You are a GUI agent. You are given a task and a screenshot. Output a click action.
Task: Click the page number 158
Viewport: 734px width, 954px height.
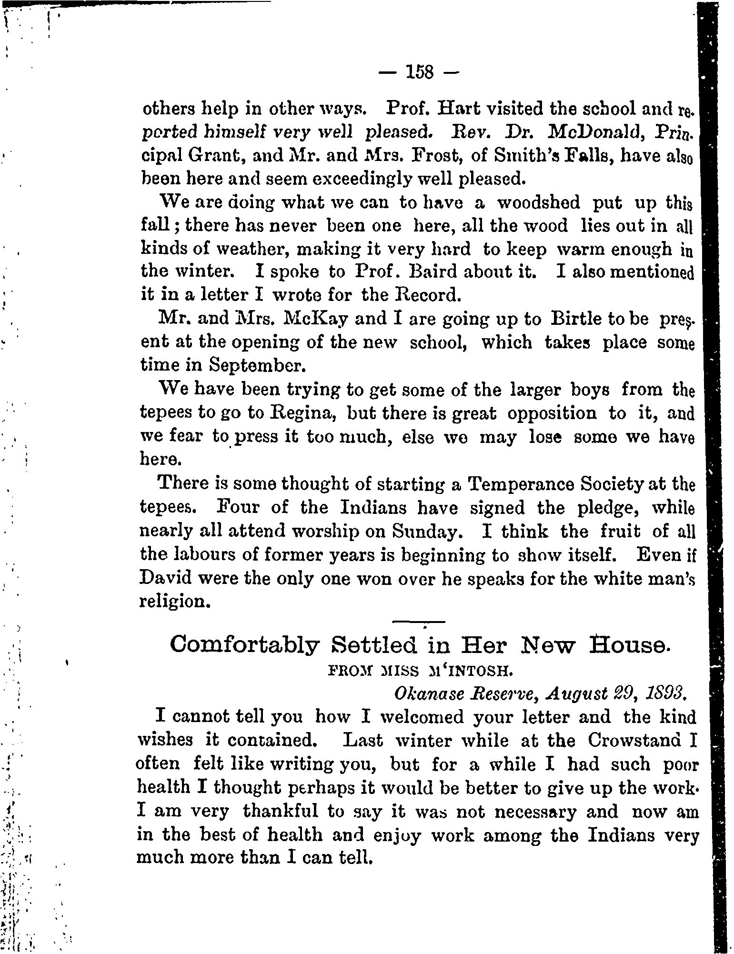[419, 72]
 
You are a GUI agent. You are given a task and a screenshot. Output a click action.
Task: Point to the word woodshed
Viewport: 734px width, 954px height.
[538, 202]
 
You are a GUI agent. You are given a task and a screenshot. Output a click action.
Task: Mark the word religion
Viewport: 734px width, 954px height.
[173, 602]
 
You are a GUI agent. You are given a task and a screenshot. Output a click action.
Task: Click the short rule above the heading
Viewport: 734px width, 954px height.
[418, 622]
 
